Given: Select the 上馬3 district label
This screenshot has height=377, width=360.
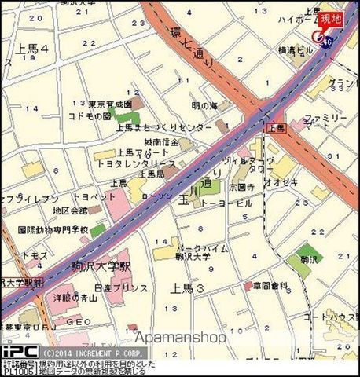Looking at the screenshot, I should pos(189,287).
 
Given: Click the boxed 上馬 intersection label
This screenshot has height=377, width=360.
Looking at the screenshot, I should pos(277,127).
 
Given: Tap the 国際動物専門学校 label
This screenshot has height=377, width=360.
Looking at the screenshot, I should pos(53,230).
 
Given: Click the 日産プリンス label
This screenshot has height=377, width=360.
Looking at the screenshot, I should pos(123,288).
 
